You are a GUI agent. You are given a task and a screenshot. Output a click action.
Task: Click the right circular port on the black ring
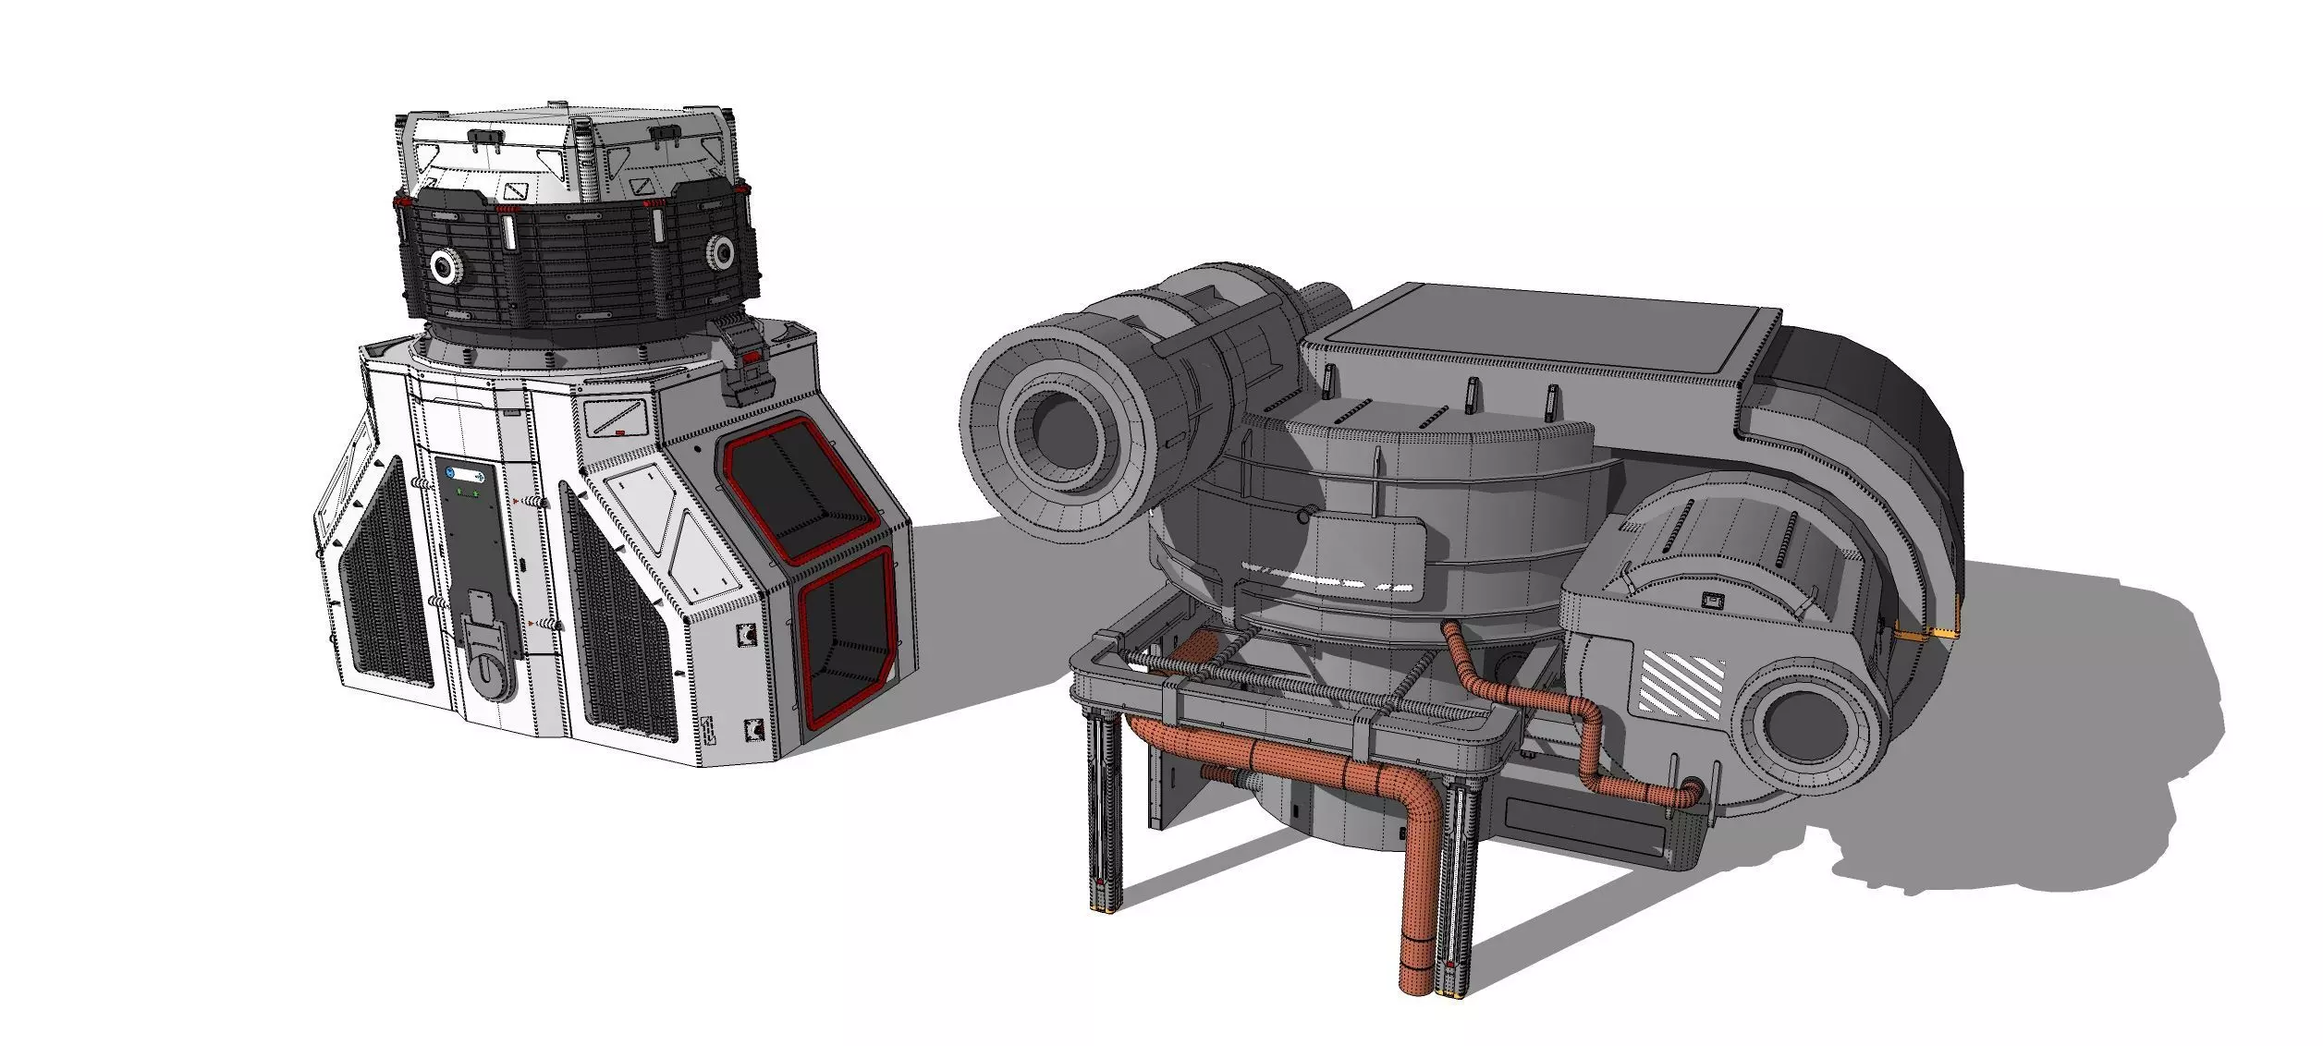[721, 250]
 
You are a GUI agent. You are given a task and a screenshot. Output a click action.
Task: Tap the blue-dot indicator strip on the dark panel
[465, 476]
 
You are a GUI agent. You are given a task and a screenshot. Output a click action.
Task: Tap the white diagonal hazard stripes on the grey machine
[1681, 683]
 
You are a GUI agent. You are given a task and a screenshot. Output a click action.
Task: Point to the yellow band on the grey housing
[1928, 634]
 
